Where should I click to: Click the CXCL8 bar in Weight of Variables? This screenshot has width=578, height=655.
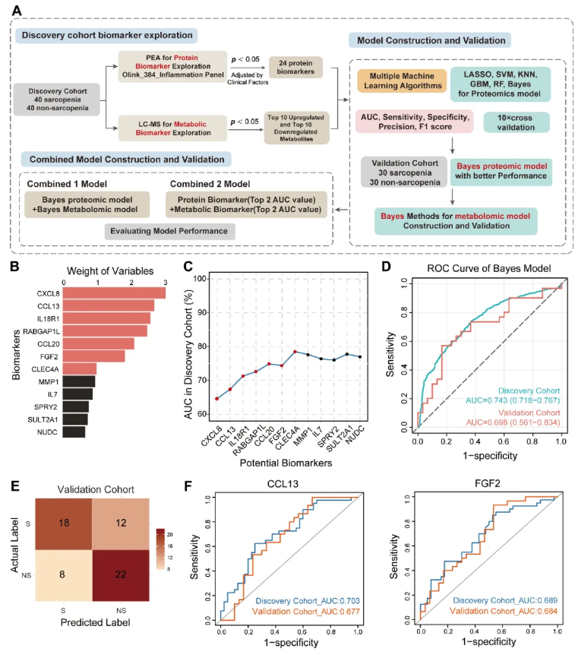pyautogui.click(x=115, y=293)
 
